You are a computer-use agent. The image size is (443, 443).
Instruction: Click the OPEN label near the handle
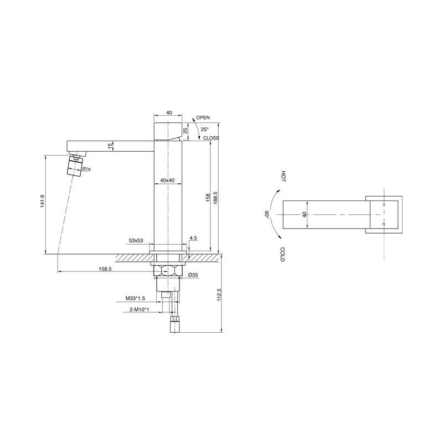coord(203,118)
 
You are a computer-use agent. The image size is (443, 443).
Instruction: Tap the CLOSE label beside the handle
coord(211,138)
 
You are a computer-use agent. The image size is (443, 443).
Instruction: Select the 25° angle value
coord(204,128)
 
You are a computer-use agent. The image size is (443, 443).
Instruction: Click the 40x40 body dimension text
coord(167,181)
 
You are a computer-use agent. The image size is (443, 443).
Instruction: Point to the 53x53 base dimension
coord(136,241)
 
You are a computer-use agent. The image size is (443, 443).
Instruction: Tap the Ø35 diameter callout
coord(193,275)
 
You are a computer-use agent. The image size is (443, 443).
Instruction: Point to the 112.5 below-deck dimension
coord(219,295)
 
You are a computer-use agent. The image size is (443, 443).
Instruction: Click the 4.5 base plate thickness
coord(193,239)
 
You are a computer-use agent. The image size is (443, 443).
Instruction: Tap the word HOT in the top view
coord(284,177)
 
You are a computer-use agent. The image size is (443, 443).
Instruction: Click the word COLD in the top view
coord(282,255)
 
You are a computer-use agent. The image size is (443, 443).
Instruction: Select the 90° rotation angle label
coord(267,215)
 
